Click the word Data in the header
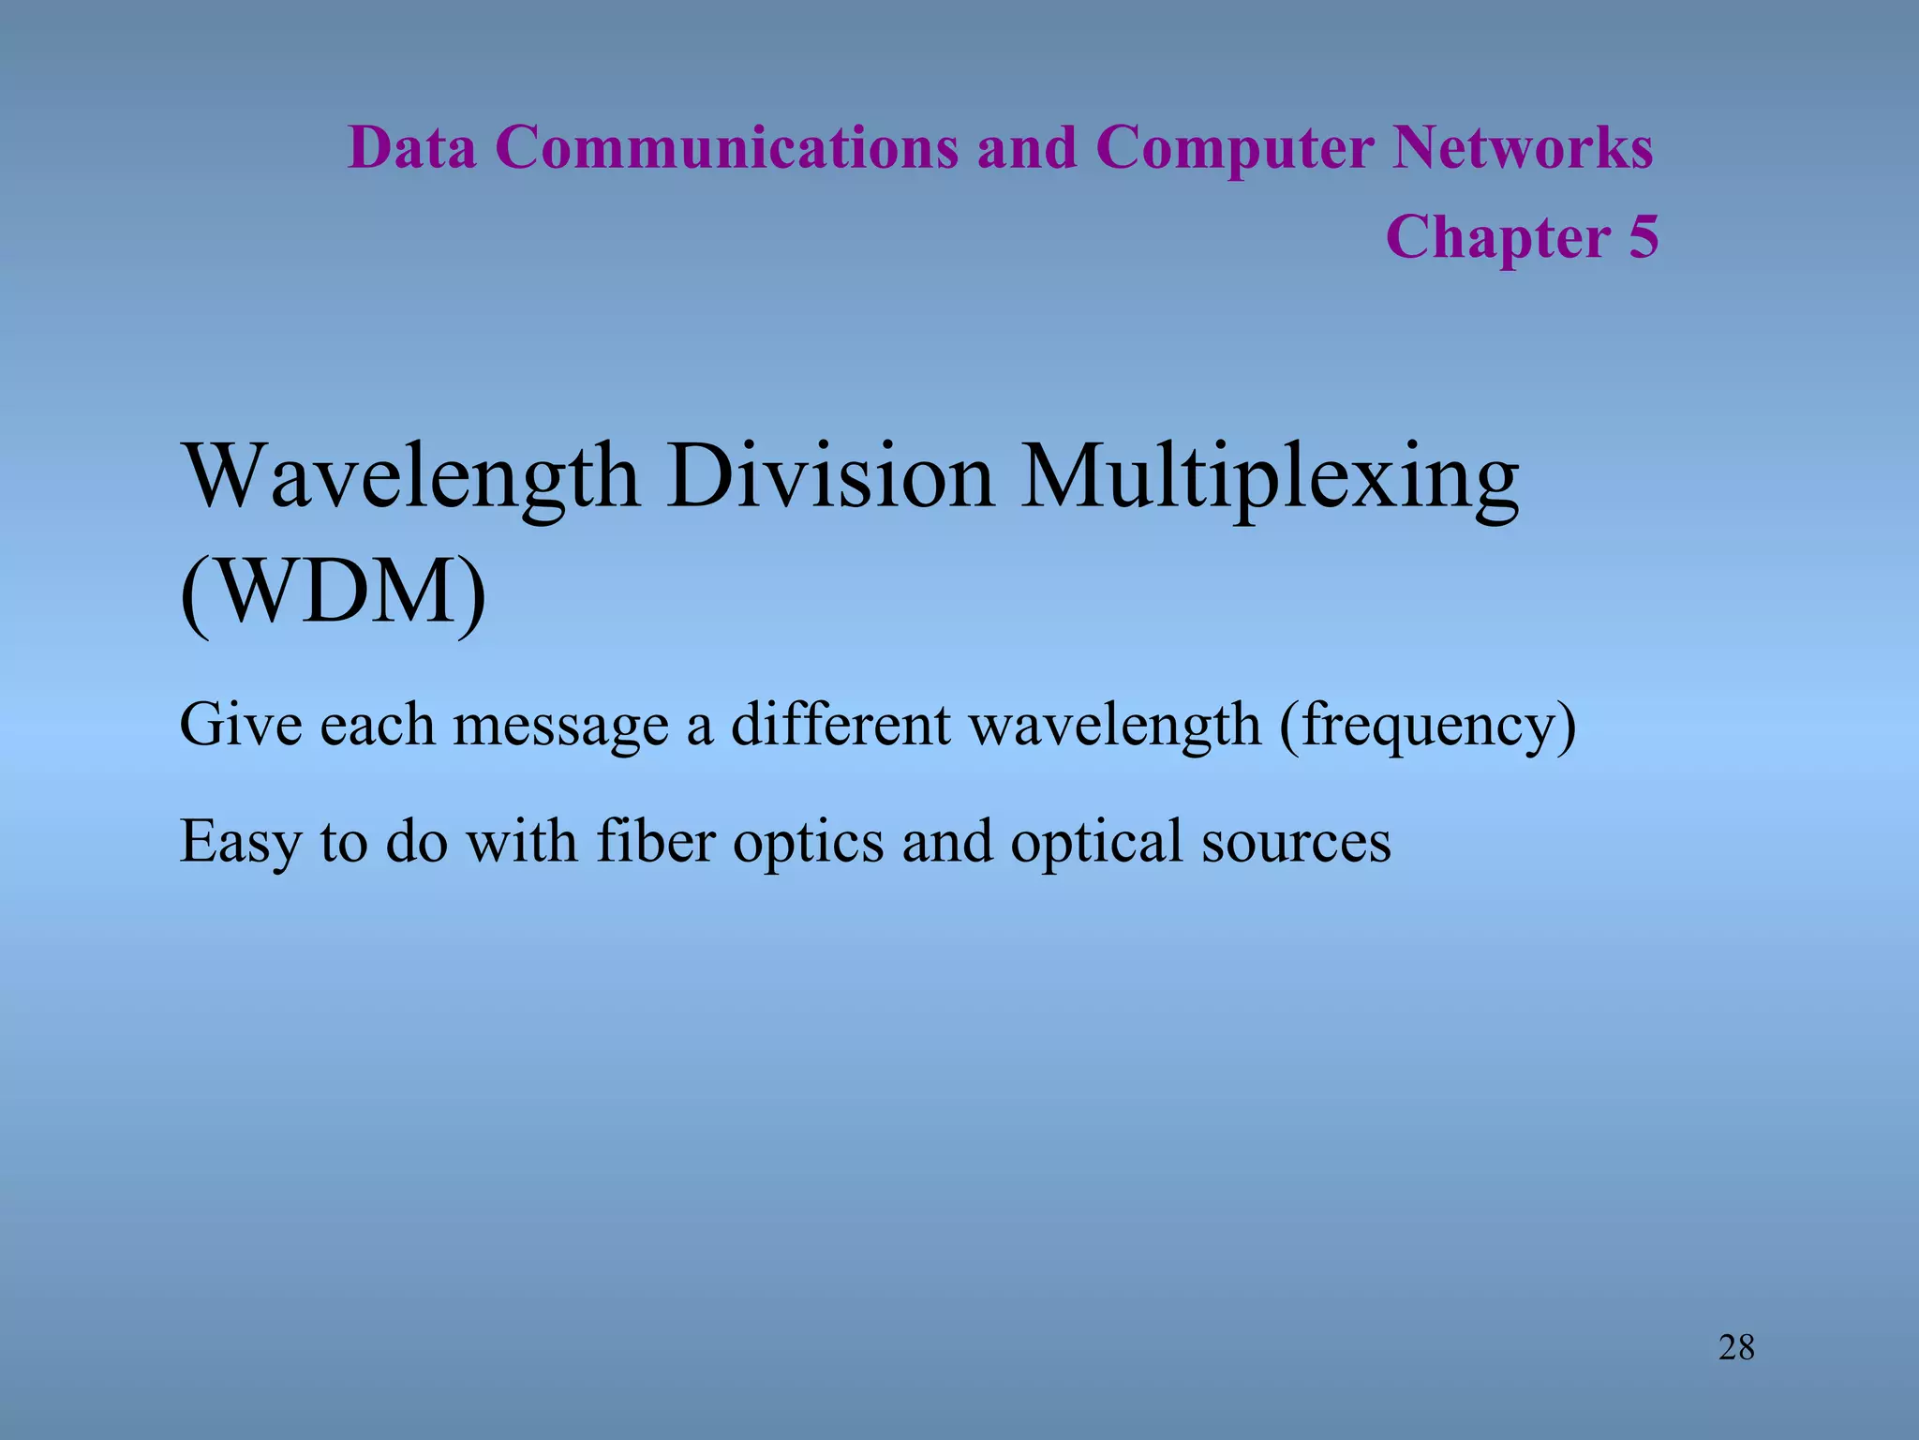(x=411, y=148)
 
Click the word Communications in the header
(x=726, y=148)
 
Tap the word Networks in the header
(x=1523, y=148)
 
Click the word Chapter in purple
(x=1497, y=237)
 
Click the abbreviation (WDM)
(x=333, y=594)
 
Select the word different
(x=840, y=724)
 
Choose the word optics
(x=808, y=842)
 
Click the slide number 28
(x=1736, y=1348)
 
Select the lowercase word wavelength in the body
(x=1114, y=726)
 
